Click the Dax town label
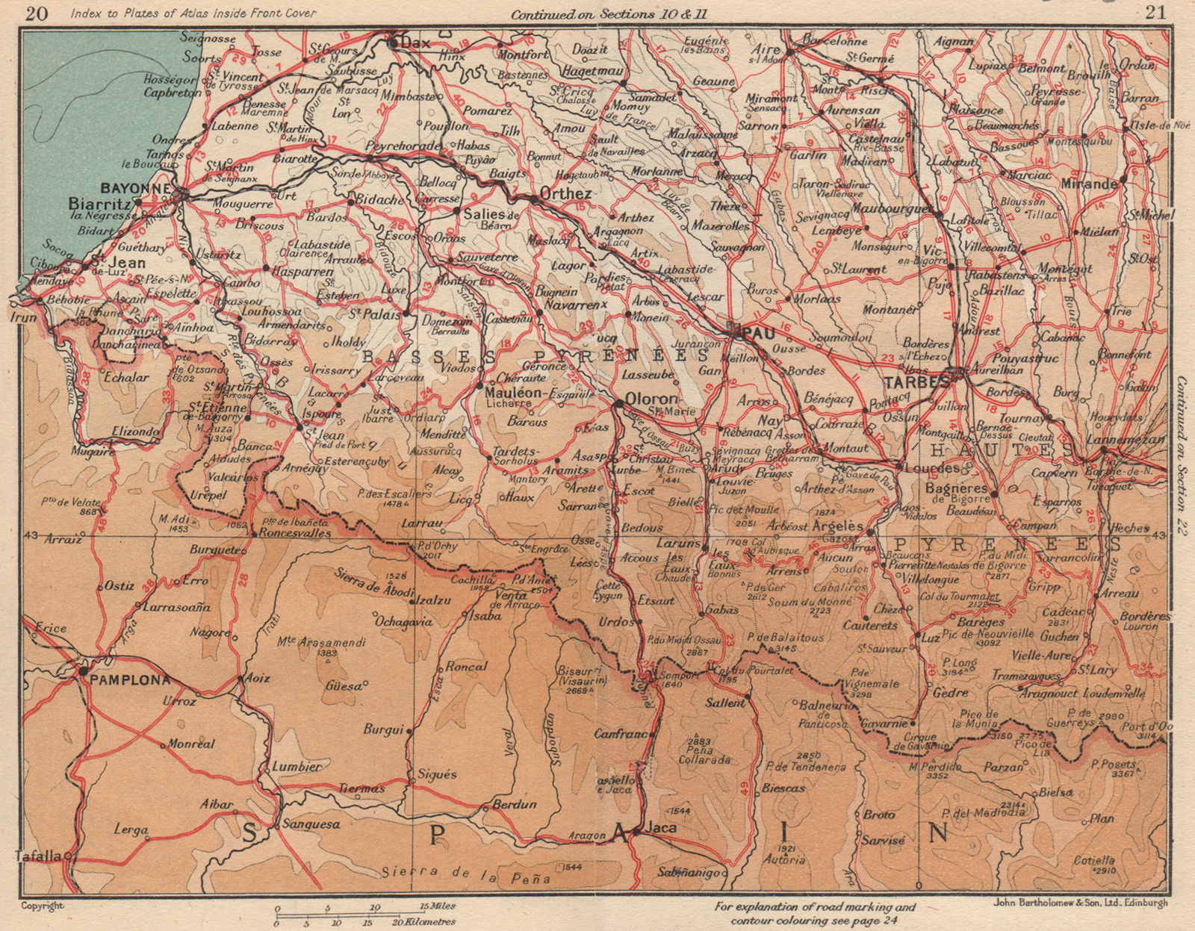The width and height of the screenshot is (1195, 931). point(415,43)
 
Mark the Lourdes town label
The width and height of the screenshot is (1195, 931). point(931,468)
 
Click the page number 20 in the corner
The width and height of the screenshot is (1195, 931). point(35,13)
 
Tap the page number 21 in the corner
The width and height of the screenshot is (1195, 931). point(1158,13)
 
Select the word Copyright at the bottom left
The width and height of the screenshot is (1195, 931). point(42,906)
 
